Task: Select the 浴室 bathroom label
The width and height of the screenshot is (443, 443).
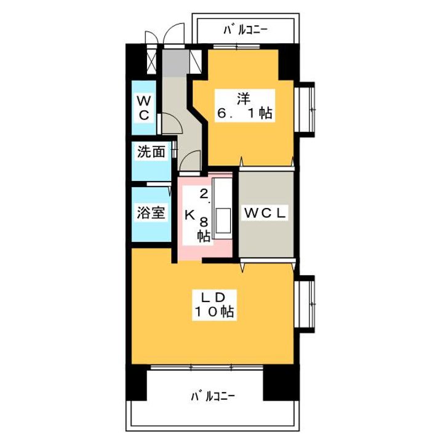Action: pyautogui.click(x=151, y=214)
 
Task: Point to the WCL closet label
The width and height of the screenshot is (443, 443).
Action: pyautogui.click(x=266, y=214)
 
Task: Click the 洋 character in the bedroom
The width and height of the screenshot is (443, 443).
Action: pyautogui.click(x=244, y=97)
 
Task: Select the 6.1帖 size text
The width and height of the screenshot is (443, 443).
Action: pyautogui.click(x=244, y=113)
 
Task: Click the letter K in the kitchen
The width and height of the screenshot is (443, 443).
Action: pyautogui.click(x=190, y=215)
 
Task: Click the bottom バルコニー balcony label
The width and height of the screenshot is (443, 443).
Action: pyautogui.click(x=212, y=396)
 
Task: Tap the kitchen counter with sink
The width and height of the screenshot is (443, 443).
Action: pyautogui.click(x=223, y=212)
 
